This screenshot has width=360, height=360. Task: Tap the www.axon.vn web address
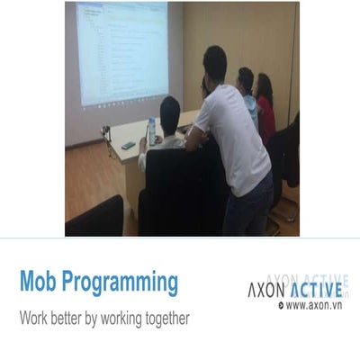tap(316, 306)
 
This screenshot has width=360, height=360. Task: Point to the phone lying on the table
tap(129, 145)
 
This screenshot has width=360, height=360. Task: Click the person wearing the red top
tap(265, 112)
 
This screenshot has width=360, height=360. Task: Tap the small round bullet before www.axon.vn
tap(282, 306)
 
